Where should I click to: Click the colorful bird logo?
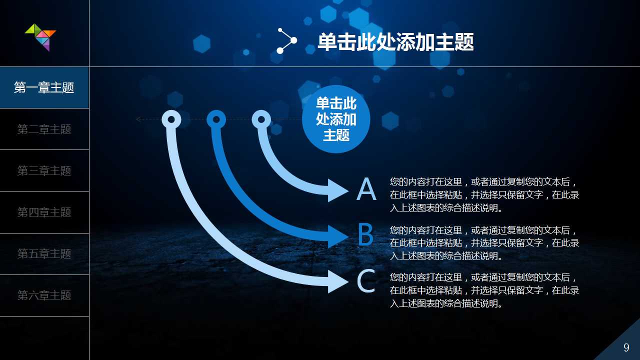tap(40, 36)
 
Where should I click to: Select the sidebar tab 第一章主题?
tap(44, 88)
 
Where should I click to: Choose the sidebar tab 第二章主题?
tap(44, 129)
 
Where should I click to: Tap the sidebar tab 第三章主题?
tap(44, 171)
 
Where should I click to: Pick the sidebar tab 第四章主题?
tap(44, 212)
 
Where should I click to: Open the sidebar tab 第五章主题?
tap(44, 254)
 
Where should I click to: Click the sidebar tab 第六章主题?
tap(44, 295)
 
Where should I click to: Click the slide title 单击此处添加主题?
tap(395, 42)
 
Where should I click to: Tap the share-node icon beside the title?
tap(286, 41)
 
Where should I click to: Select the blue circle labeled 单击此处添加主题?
tap(336, 119)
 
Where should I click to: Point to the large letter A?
tap(366, 190)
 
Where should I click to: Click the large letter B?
tap(366, 235)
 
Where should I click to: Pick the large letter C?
tap(366, 281)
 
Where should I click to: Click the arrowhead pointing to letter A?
tap(338, 190)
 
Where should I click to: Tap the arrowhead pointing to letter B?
tap(338, 235)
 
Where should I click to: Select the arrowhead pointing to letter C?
tap(338, 281)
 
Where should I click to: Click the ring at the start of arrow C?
tap(171, 119)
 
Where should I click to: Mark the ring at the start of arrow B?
tap(216, 119)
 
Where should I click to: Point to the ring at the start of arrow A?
tap(261, 119)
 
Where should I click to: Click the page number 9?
tap(626, 348)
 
